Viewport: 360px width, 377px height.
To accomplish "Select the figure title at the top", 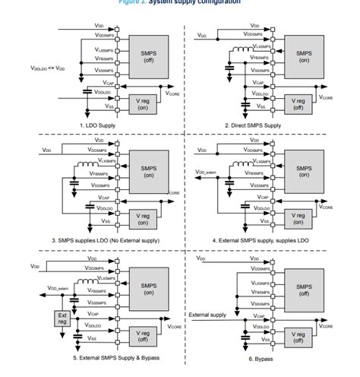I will [180, 3].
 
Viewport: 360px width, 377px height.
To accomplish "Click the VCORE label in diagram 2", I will [326, 97].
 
